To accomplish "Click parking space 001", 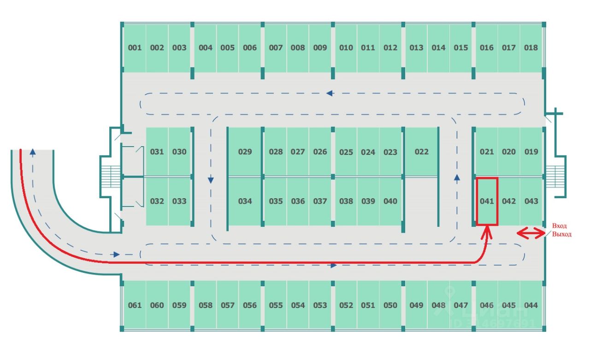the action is (x=135, y=48).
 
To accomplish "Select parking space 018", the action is (x=531, y=48).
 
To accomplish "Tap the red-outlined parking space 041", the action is (x=487, y=201).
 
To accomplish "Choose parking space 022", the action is (x=421, y=152).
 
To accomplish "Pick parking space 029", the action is (x=245, y=152).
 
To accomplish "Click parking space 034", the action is (x=245, y=201).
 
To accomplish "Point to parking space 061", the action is (x=135, y=305).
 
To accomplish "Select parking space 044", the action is (x=531, y=305).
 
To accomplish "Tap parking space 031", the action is (x=157, y=152).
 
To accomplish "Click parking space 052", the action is (x=346, y=305).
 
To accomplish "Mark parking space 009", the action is (x=320, y=48).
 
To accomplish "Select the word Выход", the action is (x=561, y=235).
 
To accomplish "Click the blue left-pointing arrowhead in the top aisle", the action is (x=330, y=93).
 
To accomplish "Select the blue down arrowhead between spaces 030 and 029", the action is (x=211, y=180).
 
